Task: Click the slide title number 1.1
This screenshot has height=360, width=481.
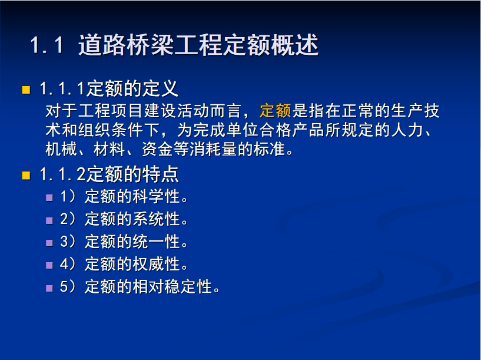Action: click(47, 45)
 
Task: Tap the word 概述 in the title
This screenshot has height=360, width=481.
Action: click(294, 45)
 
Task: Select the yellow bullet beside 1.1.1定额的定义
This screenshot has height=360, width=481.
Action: click(26, 90)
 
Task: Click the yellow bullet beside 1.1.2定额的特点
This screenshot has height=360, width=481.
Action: click(26, 175)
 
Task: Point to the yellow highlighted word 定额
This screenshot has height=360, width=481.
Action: click(275, 111)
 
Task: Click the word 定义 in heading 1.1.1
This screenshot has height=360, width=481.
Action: click(162, 89)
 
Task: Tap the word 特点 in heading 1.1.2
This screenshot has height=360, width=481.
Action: click(162, 174)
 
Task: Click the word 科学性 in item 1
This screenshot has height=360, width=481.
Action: click(156, 196)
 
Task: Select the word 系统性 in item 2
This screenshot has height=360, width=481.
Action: click(156, 219)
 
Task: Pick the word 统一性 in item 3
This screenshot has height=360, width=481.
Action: click(156, 242)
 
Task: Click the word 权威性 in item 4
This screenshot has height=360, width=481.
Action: click(156, 264)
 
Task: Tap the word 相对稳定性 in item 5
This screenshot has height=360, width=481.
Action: click(172, 287)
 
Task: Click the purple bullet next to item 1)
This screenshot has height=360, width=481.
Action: click(49, 197)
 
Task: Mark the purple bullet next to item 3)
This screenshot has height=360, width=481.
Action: click(49, 243)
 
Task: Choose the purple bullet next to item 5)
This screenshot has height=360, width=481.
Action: click(49, 288)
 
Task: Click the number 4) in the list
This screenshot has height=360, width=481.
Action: click(68, 264)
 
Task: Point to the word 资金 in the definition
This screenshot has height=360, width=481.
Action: click(157, 150)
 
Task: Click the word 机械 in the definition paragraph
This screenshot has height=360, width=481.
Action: click(61, 150)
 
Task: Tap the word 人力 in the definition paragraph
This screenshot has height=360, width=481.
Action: click(408, 130)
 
